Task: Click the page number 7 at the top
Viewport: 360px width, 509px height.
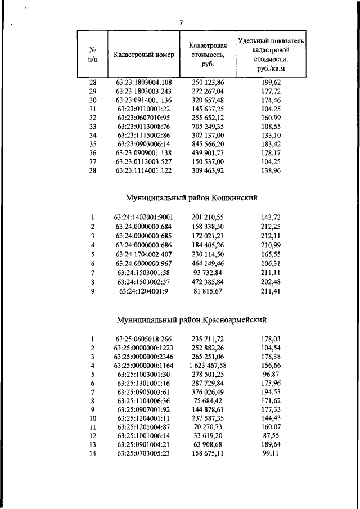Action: point(181,22)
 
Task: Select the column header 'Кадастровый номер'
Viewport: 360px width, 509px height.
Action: point(144,55)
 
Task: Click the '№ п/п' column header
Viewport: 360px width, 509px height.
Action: point(92,55)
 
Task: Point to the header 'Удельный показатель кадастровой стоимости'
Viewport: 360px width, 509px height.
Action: point(271,55)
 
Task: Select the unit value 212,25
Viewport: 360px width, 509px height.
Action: point(271,226)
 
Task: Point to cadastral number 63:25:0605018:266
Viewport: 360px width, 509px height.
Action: point(144,339)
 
